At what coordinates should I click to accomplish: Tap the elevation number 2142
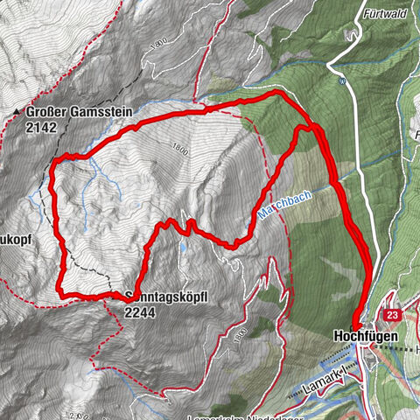click(x=42, y=126)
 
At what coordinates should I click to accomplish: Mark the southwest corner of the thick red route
click(x=62, y=293)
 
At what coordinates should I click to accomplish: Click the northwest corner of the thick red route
click(x=57, y=160)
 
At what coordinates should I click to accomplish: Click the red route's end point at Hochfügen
click(x=357, y=321)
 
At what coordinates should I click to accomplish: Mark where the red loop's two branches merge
click(x=315, y=131)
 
